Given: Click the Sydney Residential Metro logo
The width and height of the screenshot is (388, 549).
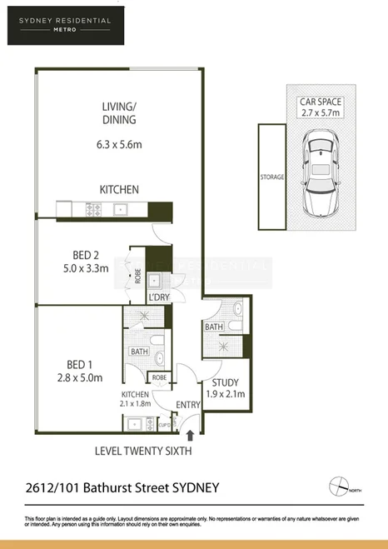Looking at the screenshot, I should (64, 22).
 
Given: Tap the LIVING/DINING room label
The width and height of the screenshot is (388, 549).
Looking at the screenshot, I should (118, 112).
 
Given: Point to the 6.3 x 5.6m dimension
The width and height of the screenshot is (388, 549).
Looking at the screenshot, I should (118, 144).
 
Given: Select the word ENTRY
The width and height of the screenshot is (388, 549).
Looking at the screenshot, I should (188, 405).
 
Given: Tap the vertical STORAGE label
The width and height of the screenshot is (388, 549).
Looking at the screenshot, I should (271, 177).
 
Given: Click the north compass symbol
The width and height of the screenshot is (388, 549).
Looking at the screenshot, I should (340, 486).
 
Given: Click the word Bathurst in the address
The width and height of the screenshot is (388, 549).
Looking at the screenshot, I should (116, 487).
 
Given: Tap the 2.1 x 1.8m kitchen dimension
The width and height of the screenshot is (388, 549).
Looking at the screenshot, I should (135, 404).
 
